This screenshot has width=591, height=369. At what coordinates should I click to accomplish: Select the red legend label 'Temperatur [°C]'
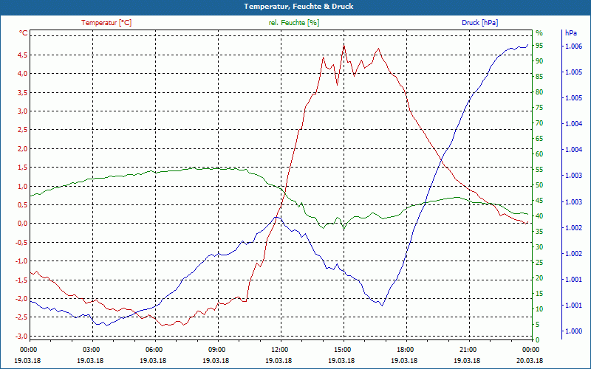106,23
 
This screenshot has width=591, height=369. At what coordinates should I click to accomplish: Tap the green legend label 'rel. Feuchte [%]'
293,23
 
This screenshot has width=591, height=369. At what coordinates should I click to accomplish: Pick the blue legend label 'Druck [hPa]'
479,23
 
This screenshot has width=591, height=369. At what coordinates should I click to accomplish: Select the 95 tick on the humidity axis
539,46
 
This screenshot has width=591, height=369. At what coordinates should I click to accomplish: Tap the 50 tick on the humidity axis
539,185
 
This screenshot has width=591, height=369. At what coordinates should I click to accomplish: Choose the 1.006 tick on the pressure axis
573,46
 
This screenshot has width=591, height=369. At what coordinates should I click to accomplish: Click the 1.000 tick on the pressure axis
573,331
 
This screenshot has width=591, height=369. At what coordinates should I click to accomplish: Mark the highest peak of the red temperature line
344,44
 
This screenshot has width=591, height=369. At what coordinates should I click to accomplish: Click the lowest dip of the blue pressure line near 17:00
382,305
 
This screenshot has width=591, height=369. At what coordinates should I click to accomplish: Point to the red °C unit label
23,32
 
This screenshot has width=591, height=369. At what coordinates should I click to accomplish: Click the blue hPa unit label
571,32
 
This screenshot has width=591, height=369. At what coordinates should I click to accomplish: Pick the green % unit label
539,32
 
